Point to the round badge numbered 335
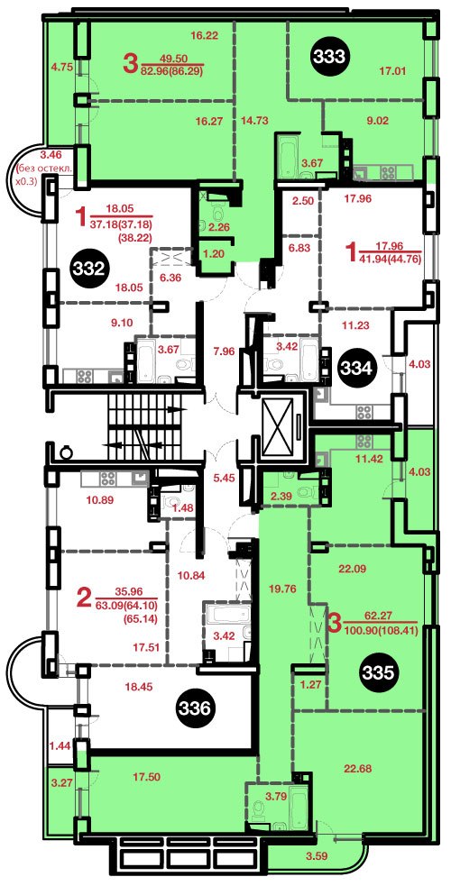click(x=380, y=671)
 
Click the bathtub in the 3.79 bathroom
click(x=298, y=803)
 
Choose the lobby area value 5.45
click(x=223, y=476)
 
